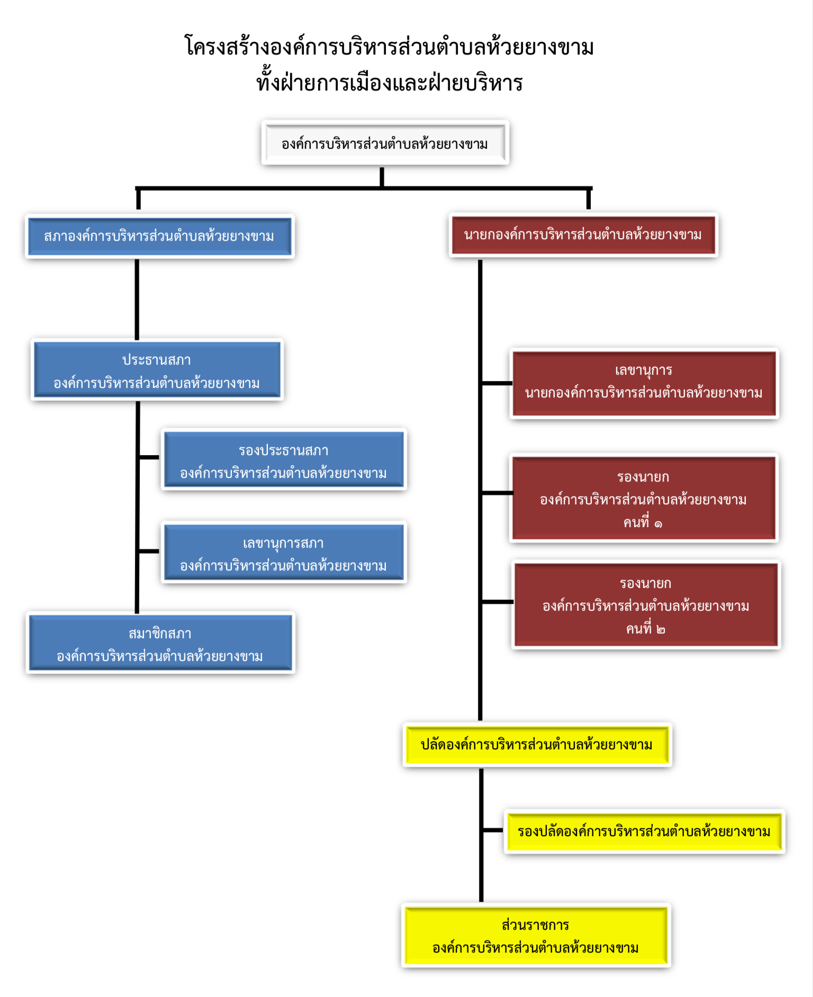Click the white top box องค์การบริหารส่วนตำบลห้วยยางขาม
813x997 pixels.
click(385, 143)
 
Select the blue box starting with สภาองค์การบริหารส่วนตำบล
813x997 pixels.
click(159, 236)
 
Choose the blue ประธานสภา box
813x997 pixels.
click(157, 370)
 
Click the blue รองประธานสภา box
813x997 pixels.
click(284, 459)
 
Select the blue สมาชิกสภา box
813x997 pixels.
click(160, 643)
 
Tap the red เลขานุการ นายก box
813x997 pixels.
click(644, 383)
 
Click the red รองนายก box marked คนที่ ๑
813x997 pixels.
click(644, 498)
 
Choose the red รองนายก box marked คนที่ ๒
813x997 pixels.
click(646, 604)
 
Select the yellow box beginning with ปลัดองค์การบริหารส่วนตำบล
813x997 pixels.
click(537, 745)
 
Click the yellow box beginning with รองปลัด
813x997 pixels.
click(644, 831)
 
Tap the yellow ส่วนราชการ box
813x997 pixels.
click(536, 936)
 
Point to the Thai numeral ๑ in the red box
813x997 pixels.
click(658, 524)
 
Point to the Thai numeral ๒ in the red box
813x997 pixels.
click(661, 630)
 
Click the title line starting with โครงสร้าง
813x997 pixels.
click(389, 47)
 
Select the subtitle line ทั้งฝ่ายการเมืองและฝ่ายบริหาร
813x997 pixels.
click(390, 81)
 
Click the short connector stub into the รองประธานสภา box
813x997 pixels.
click(149, 457)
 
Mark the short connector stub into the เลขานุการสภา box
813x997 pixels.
click(149, 551)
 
